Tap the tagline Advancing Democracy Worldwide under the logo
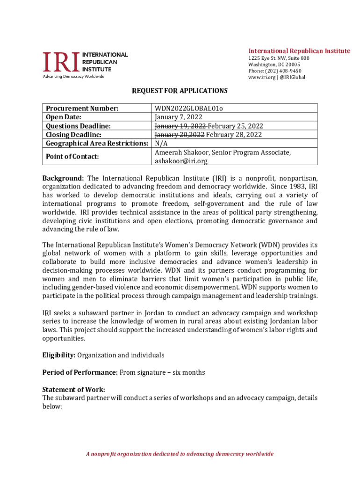[x=73, y=76]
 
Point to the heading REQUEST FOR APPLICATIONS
[x=180, y=91]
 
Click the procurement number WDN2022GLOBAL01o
[x=189, y=109]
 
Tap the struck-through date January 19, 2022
[x=180, y=126]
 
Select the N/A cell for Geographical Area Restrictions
[x=161, y=143]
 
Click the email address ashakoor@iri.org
[x=181, y=161]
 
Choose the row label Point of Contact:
[x=72, y=157]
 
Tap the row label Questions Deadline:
[x=78, y=126]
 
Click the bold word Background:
[x=63, y=178]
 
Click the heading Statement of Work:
[x=73, y=390]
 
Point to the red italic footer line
[x=180, y=454]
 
